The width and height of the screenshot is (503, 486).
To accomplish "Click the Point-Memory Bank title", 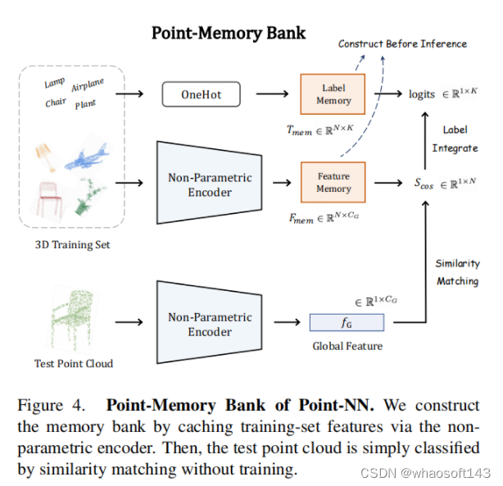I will pos(229,34).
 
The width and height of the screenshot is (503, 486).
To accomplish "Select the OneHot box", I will pos(201,95).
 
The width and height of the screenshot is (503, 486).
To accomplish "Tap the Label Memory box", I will pos(333,94).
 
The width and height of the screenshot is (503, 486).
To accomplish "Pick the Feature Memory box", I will pos(333,182).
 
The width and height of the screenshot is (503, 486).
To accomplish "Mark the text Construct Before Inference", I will pos(402,43).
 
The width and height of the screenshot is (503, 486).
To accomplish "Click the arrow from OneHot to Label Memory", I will pos(271,94).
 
